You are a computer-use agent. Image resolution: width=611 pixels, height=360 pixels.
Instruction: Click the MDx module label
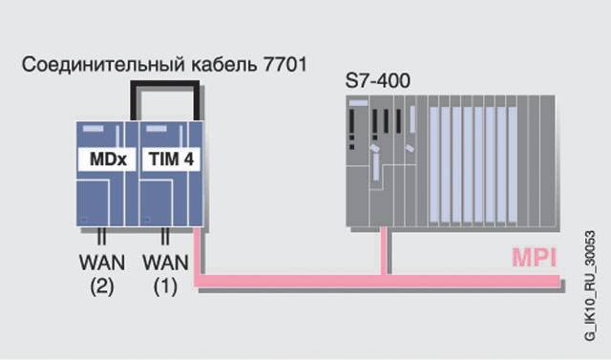[107, 159]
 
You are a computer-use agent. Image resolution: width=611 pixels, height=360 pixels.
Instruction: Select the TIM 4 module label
[171, 159]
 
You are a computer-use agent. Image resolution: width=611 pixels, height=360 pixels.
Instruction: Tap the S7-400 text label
[378, 81]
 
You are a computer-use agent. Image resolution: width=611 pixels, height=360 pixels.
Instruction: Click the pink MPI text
[534, 258]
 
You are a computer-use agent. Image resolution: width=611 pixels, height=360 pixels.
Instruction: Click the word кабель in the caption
[224, 64]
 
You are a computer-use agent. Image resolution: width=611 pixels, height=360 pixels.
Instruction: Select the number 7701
[285, 64]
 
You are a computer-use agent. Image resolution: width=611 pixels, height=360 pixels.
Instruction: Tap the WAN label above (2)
[102, 263]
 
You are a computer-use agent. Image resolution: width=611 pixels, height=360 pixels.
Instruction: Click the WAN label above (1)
[165, 263]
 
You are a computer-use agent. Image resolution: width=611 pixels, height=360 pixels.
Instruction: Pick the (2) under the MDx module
[102, 286]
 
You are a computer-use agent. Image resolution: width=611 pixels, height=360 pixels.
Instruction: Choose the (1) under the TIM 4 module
[165, 286]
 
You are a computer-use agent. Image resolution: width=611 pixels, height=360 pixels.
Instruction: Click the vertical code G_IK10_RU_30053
[590, 286]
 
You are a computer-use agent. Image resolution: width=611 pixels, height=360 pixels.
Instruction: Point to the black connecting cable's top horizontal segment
[165, 84]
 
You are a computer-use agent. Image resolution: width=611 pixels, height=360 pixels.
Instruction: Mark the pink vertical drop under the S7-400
[384, 251]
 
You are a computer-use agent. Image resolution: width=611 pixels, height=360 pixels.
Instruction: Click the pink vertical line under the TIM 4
[197, 251]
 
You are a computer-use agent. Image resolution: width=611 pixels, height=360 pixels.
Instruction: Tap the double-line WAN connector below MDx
[101, 236]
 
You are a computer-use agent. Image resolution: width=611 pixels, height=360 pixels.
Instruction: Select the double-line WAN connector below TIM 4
[165, 236]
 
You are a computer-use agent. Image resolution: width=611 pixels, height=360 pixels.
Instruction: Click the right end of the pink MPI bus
[559, 281]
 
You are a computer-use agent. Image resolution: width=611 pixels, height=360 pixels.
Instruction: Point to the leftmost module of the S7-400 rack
[358, 160]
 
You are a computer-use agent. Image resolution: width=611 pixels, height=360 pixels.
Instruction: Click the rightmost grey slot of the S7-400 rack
[547, 160]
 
